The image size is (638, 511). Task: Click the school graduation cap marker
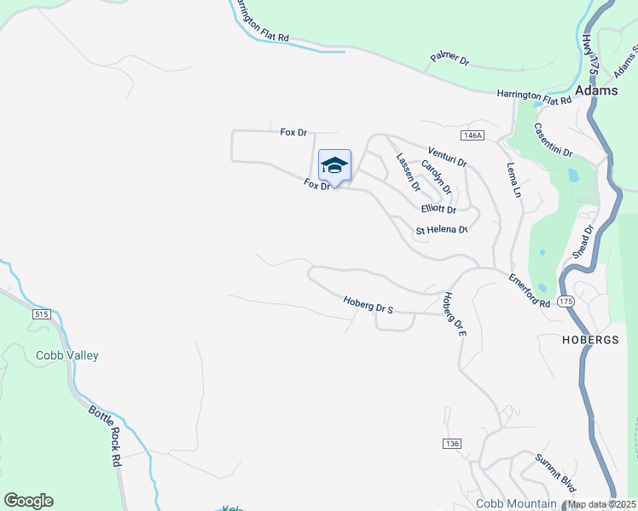click(x=334, y=166)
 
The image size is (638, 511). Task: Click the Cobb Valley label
click(x=67, y=356)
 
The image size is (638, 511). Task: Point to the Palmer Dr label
click(x=449, y=60)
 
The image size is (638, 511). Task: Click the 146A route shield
click(x=472, y=135)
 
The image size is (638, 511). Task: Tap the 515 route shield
click(x=42, y=314)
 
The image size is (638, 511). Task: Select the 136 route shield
click(x=452, y=444)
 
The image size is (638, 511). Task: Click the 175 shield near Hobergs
click(x=566, y=301)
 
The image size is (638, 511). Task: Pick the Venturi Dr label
click(x=448, y=156)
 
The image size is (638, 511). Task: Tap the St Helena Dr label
click(x=442, y=230)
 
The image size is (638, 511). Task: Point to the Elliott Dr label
click(x=438, y=210)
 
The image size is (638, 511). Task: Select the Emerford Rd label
click(x=530, y=290)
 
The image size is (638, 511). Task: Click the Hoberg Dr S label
click(x=368, y=304)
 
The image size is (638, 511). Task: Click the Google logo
click(x=28, y=501)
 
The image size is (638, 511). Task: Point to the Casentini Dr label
click(x=553, y=140)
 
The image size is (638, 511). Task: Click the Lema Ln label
click(x=513, y=181)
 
